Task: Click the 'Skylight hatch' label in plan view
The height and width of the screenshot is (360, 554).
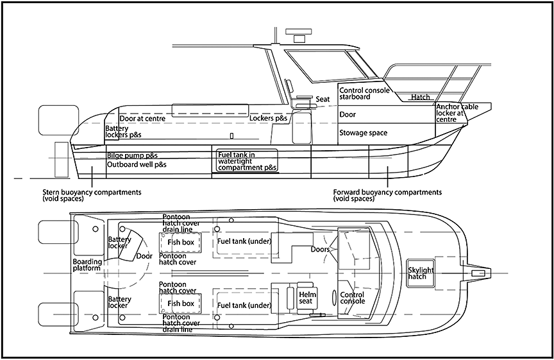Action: pyautogui.click(x=421, y=274)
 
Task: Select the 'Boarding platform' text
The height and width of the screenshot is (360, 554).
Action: pyautogui.click(x=87, y=265)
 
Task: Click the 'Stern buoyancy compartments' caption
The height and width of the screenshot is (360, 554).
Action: pyautogui.click(x=92, y=195)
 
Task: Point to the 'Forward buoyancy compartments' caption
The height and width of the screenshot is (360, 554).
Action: pyautogui.click(x=387, y=195)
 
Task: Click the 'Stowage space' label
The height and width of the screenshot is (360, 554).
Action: pyautogui.click(x=363, y=133)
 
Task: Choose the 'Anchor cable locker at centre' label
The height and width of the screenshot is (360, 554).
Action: pyautogui.click(x=457, y=113)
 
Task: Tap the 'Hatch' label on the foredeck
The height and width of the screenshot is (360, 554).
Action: pyautogui.click(x=421, y=98)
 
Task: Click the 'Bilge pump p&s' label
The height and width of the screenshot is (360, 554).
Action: pyautogui.click(x=132, y=156)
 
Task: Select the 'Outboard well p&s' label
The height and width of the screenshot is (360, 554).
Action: pyautogui.click(x=137, y=165)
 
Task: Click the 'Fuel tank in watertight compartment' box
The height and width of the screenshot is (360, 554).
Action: pyautogui.click(x=246, y=160)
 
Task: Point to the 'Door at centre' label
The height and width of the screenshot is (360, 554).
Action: pyautogui.click(x=142, y=119)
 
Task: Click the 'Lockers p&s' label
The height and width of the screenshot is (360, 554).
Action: pyautogui.click(x=269, y=119)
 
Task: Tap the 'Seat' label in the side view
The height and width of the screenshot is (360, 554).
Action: pyautogui.click(x=323, y=99)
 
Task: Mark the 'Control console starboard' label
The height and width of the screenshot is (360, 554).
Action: pyautogui.click(x=363, y=94)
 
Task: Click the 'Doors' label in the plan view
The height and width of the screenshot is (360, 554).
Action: pyautogui.click(x=320, y=249)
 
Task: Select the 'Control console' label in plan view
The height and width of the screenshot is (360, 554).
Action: pyautogui.click(x=352, y=297)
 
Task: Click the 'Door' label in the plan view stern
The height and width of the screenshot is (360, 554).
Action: pyautogui.click(x=144, y=256)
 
